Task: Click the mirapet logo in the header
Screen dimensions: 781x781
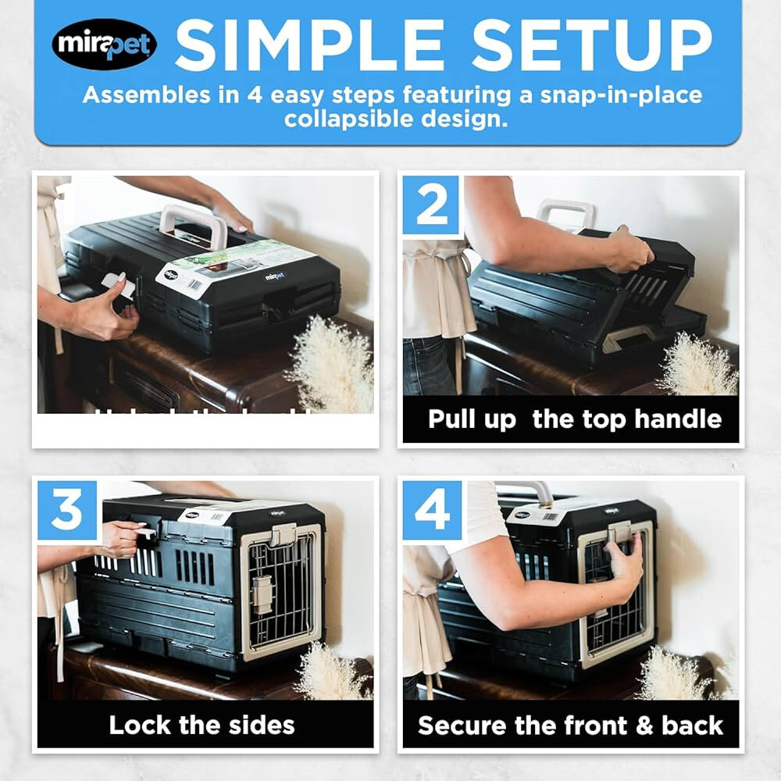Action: [105, 45]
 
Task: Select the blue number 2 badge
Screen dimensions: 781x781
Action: [432, 205]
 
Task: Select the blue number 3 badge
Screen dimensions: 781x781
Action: [67, 510]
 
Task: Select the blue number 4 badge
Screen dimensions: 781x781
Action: [432, 510]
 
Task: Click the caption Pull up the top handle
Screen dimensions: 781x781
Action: [574, 419]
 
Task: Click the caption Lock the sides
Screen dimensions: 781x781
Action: [202, 724]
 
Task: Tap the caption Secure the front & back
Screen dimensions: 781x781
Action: [570, 724]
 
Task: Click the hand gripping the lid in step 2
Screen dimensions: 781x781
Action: [628, 249]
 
